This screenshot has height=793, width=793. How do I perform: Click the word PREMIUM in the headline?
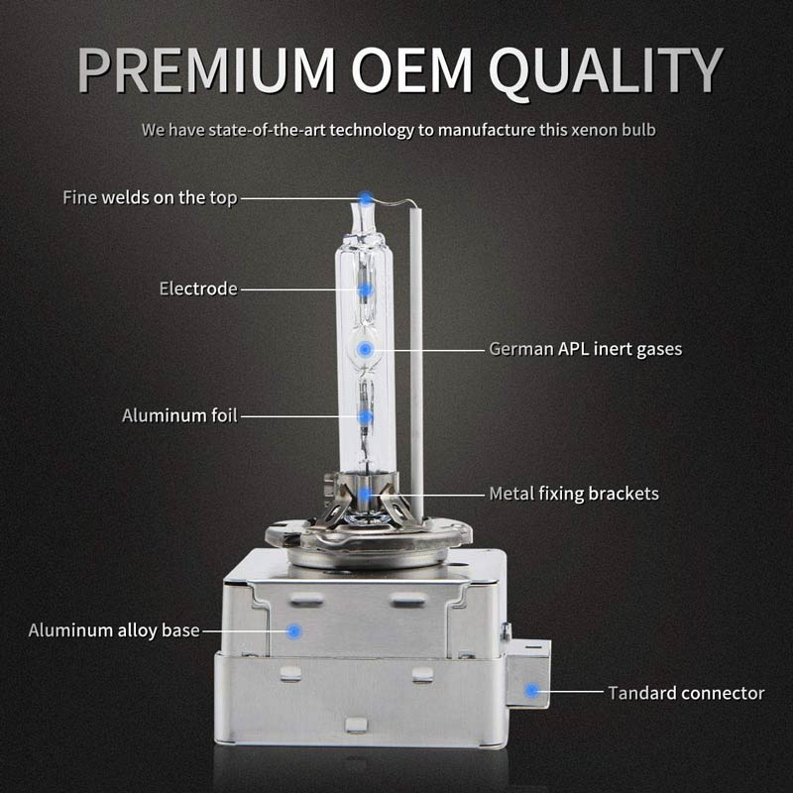tap(206, 69)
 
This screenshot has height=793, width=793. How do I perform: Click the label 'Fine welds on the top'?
tap(150, 197)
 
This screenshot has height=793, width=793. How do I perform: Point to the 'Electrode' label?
tap(198, 288)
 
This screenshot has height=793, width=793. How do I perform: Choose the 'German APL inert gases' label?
tap(586, 349)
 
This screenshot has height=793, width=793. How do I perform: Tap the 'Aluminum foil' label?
tap(179, 415)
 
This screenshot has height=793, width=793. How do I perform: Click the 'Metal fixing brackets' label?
tap(574, 494)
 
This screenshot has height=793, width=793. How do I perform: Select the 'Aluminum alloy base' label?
tap(114, 630)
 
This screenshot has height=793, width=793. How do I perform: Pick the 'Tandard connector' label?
tap(686, 693)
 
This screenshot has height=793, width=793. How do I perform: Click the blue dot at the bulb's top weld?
tap(365, 197)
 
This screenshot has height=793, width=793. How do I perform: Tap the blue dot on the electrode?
tap(365, 289)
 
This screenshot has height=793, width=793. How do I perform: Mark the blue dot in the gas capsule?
tap(365, 349)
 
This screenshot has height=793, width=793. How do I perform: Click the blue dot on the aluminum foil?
tap(365, 416)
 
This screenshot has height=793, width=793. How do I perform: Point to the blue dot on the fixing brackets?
tap(365, 494)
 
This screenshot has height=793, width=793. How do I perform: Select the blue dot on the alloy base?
tap(294, 631)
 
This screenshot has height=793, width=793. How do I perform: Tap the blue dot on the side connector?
tap(531, 691)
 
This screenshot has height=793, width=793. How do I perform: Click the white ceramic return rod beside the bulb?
tap(416, 364)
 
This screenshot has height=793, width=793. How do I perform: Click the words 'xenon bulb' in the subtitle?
tap(613, 130)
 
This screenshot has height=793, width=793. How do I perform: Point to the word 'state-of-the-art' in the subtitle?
tap(268, 130)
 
